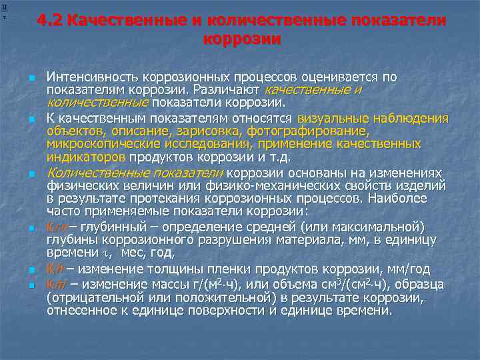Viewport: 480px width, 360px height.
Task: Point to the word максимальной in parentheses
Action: point(395,227)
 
